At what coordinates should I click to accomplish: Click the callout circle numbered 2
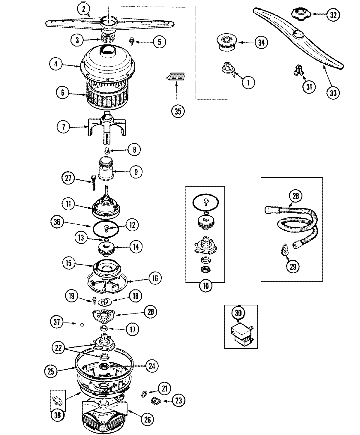[x=84, y=9]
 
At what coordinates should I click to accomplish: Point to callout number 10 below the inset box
[x=205, y=286]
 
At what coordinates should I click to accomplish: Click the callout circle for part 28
[x=295, y=196]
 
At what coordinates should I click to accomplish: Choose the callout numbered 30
[x=238, y=313]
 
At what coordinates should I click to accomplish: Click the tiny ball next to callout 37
[x=82, y=324]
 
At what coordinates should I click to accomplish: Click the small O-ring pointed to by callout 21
[x=144, y=393]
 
